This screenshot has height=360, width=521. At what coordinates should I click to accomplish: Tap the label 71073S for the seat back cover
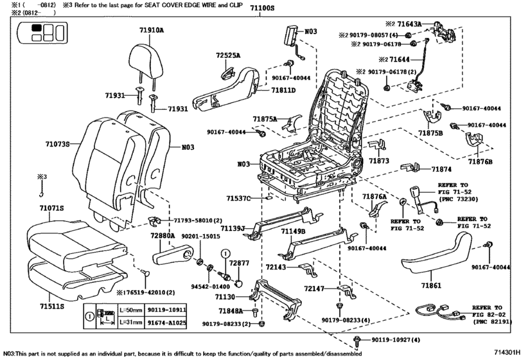58,144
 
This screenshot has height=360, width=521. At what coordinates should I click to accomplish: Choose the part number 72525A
228,56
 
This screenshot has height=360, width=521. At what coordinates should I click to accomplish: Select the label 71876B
480,161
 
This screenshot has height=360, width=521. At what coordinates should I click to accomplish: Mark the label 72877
240,264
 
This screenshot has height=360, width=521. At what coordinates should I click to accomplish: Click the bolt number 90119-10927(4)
396,339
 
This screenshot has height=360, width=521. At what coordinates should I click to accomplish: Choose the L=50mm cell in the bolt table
130,310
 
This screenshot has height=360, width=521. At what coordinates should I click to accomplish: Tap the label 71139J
233,228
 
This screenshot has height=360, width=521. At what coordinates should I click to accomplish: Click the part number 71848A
231,310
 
